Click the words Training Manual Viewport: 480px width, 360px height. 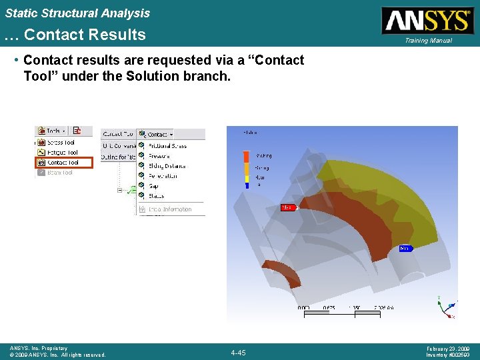[x=427, y=41]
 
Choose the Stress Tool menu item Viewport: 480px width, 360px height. [x=61, y=142]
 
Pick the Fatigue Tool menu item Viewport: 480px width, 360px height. [x=63, y=152]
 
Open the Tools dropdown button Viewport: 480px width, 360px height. [x=53, y=131]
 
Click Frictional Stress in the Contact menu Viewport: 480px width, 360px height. [x=167, y=145]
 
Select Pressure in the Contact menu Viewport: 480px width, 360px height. [x=159, y=155]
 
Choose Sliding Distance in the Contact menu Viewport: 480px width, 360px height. [x=167, y=165]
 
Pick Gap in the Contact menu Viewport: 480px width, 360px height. [x=153, y=186]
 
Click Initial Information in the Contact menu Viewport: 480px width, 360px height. [x=169, y=209]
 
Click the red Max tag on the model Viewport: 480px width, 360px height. [x=287, y=207]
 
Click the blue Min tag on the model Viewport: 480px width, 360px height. [x=405, y=249]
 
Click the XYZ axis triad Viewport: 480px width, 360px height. [x=445, y=308]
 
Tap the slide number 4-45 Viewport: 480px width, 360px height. [x=238, y=352]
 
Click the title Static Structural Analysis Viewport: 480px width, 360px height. [x=77, y=13]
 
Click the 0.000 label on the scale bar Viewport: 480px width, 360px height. [x=303, y=307]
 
